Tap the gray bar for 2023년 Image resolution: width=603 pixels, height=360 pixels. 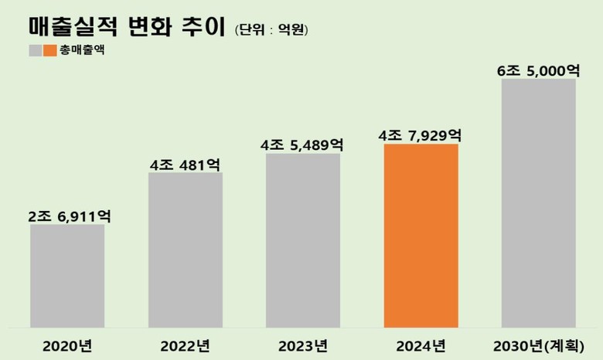pos(303,240)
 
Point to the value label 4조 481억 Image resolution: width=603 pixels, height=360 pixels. pos(186,165)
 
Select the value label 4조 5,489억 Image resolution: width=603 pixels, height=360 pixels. pos(303,145)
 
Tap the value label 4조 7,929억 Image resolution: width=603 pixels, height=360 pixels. pos(421,136)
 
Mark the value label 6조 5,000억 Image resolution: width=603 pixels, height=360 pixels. pos(539,70)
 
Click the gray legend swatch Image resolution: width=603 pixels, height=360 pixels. pos(35,51)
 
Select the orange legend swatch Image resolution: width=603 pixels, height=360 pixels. pos(49,51)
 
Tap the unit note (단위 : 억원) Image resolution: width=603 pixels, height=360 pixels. pos(271,30)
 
